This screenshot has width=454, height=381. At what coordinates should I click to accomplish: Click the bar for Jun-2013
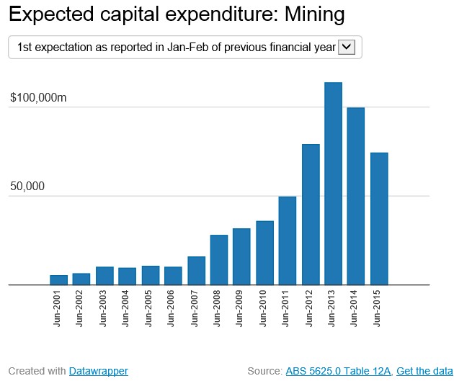coord(333,184)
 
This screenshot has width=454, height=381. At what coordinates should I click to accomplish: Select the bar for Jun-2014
coord(356,196)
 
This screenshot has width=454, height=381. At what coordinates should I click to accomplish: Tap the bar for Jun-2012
coord(311,215)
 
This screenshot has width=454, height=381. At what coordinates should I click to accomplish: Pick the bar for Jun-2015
coord(379,219)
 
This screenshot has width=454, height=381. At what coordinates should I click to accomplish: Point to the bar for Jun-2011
coord(288,241)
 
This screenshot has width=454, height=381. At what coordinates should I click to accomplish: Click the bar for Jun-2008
coord(219,260)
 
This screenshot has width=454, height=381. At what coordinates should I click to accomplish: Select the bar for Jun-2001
coord(59,280)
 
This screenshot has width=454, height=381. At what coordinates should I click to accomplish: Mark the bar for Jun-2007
coord(196,271)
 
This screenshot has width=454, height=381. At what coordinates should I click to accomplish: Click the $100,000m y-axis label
coord(38,98)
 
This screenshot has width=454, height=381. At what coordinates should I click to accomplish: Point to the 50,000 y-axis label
coord(27,186)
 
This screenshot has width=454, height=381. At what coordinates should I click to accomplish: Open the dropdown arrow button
coord(346,47)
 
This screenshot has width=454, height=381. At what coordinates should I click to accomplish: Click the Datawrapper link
coord(99,371)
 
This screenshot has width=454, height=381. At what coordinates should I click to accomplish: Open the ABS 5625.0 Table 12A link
coord(338,371)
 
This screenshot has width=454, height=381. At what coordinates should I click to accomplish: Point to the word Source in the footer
coord(263,371)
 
